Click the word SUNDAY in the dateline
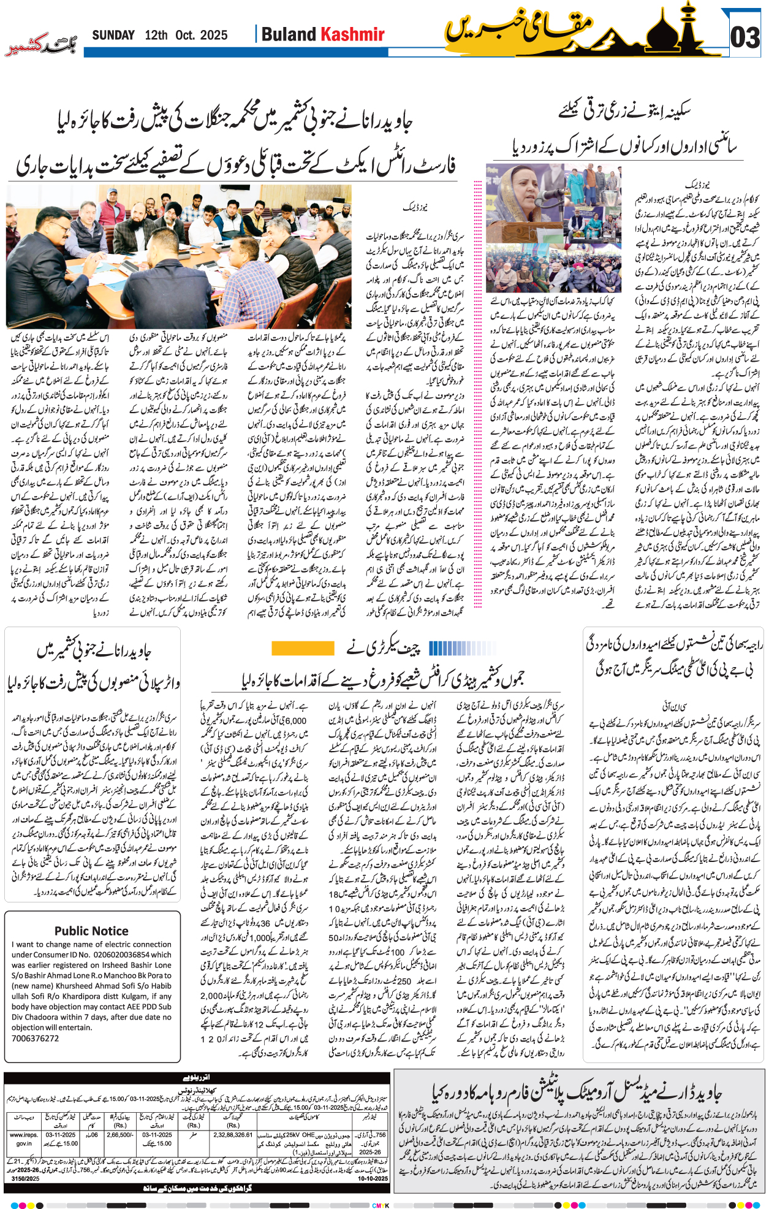point(113,36)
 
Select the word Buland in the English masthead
point(288,34)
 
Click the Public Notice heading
point(91,931)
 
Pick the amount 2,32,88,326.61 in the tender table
point(233,1135)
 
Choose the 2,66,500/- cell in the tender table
point(120,1135)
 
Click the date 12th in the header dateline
point(156,36)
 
